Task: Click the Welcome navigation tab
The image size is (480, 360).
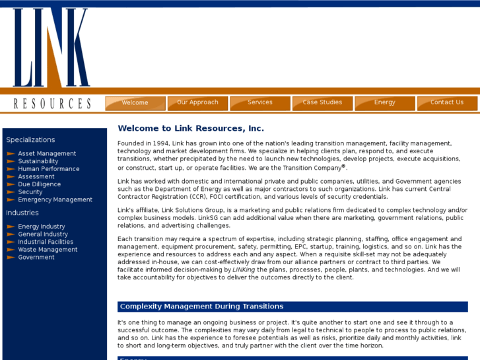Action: (135, 103)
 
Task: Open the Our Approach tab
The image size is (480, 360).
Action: (197, 103)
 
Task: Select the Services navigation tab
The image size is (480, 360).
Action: (260, 103)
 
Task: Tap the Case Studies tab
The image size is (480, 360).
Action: (322, 103)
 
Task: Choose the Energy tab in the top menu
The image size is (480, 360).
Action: (385, 103)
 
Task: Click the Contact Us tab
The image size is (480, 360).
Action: (447, 103)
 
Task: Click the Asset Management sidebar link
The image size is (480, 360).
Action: (47, 154)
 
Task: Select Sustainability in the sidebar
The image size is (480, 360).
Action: (38, 161)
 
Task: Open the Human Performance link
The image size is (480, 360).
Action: (49, 169)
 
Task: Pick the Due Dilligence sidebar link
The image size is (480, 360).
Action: (40, 184)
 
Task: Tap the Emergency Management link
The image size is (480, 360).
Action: (55, 199)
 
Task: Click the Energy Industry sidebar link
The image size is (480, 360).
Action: (42, 227)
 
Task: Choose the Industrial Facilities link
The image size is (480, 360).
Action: (46, 242)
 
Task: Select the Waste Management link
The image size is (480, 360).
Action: (48, 250)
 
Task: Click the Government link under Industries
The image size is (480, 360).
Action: (36, 258)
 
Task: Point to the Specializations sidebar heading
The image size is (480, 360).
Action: (30, 140)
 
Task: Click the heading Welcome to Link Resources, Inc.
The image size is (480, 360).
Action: (191, 129)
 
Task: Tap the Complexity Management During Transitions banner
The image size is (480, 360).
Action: (202, 306)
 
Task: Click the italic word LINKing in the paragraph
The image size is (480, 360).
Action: (244, 270)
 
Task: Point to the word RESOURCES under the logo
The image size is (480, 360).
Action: (52, 104)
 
